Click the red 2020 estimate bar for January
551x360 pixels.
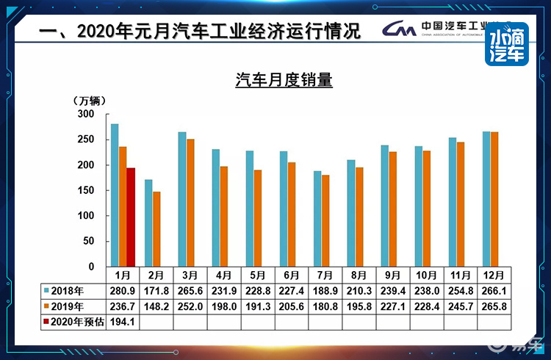coord(131,217)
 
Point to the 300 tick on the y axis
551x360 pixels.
coord(87,115)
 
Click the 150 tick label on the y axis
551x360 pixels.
coord(87,190)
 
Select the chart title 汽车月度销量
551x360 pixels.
coord(284,80)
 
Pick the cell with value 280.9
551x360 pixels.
coord(121,289)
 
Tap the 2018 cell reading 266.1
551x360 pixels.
coord(494,289)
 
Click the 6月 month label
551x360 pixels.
coord(291,275)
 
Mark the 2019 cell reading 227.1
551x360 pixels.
coord(392,306)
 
